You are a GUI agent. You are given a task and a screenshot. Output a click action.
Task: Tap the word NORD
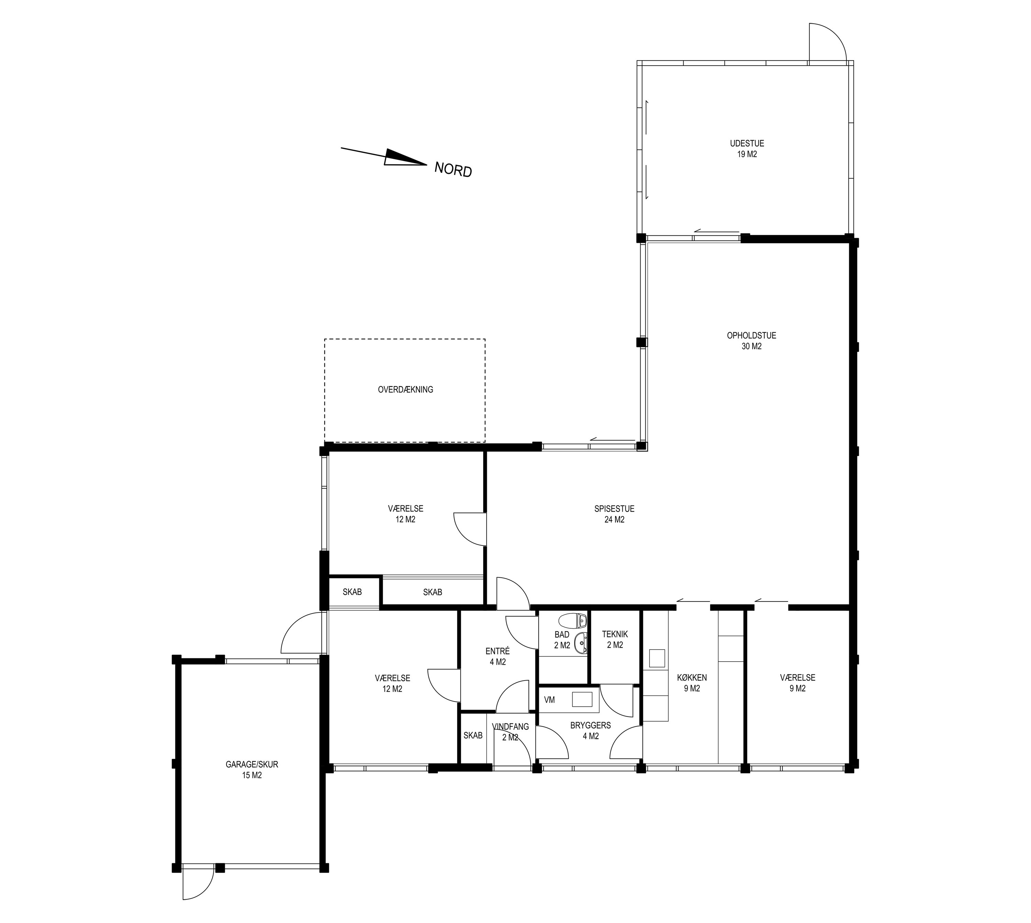pos(453,170)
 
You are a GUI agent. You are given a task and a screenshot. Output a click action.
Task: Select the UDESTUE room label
pos(747,143)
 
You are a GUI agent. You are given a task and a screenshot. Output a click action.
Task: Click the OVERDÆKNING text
pos(406,390)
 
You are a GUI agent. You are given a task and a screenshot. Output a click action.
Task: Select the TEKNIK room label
pos(615,634)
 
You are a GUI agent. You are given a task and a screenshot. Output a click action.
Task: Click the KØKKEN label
pos(692,677)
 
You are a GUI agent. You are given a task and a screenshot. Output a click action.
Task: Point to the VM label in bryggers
pos(550,700)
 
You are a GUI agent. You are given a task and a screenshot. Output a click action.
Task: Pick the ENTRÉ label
pos(498,651)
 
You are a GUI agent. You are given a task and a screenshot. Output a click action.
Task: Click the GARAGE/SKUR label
pos(252,764)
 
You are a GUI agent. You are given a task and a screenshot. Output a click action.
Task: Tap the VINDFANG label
pos(510,727)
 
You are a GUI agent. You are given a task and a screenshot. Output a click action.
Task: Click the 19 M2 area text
pos(747,154)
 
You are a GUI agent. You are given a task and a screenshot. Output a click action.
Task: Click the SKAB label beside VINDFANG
pos(473,735)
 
